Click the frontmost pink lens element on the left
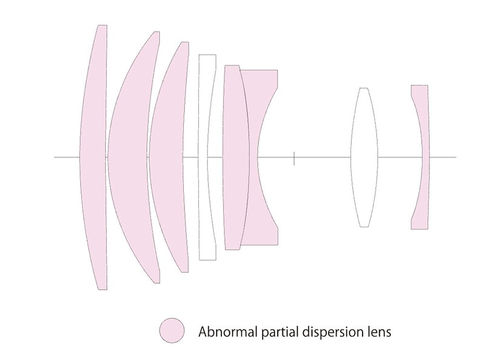pyautogui.click(x=94, y=157)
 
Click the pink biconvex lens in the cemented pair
pyautogui.click(x=236, y=157)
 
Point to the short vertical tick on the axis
pyautogui.click(x=294, y=158)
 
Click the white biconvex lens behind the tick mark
pyautogui.click(x=364, y=157)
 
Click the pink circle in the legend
pyautogui.click(x=172, y=330)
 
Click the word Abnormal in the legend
pyautogui.click(x=228, y=332)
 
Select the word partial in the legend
pyautogui.click(x=280, y=333)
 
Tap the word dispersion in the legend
pyautogui.click(x=332, y=333)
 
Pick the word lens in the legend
pyautogui.click(x=378, y=332)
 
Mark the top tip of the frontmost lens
pyautogui.click(x=102, y=25)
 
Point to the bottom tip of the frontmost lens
pyautogui.click(x=102, y=290)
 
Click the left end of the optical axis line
pyautogui.click(x=54, y=157)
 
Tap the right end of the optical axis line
pyautogui.click(x=457, y=157)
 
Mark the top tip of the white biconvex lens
pyautogui.click(x=364, y=88)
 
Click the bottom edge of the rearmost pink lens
pyautogui.click(x=420, y=229)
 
